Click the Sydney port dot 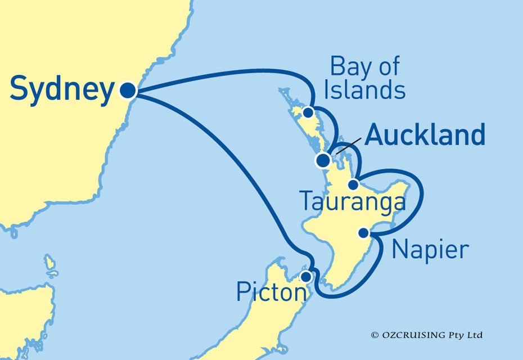[128, 90]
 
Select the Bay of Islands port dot [308, 112]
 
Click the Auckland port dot [323, 161]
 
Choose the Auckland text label [425, 136]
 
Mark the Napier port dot [364, 232]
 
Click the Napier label [430, 249]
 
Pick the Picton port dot [306, 277]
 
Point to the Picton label [272, 293]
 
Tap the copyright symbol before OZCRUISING [374, 335]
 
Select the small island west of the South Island [51, 263]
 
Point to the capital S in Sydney [21, 90]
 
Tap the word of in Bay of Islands [389, 67]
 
